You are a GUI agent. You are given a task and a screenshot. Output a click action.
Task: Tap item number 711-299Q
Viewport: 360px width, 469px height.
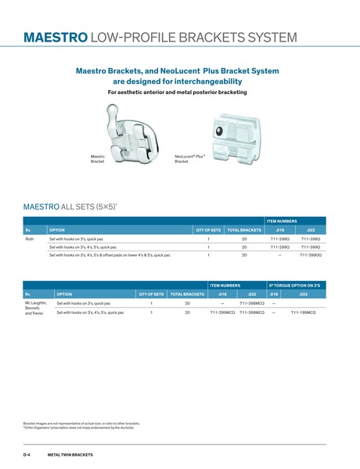[x=279, y=247]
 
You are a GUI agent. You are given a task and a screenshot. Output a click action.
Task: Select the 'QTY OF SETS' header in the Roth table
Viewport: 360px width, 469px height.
[x=208, y=229]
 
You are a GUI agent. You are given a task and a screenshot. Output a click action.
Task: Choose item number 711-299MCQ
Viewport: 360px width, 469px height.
[x=222, y=312]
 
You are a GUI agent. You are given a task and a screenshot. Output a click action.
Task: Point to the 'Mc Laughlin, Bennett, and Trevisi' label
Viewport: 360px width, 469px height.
[x=36, y=308]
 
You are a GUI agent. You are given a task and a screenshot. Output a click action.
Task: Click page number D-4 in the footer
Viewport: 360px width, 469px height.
[x=27, y=454]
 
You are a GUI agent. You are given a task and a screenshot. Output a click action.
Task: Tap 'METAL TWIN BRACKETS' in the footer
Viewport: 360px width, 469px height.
[x=70, y=454]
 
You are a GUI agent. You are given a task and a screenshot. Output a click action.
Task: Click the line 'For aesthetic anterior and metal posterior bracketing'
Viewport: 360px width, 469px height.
[x=177, y=92]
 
